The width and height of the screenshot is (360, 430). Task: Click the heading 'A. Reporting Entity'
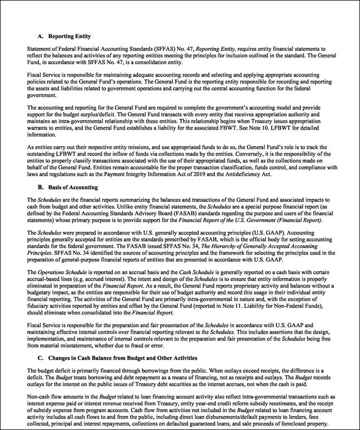click(64, 36)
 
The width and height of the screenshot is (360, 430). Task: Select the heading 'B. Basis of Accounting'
click(67, 187)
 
